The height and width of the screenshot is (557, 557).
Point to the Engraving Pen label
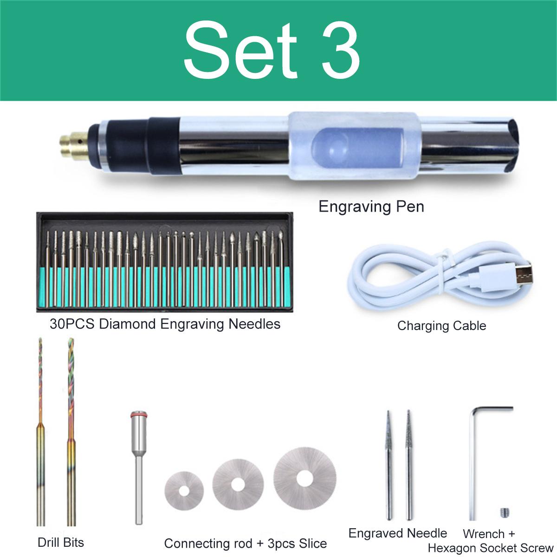[x=371, y=207]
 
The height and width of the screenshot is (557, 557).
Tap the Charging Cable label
[x=441, y=326]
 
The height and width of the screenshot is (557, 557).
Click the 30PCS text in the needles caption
[x=72, y=324]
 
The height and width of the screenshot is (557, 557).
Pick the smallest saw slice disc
[x=184, y=491]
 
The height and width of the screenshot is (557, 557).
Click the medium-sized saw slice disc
[x=238, y=485]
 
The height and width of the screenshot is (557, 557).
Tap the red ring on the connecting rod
[x=139, y=414]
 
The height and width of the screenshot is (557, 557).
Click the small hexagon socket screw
[x=505, y=512]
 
